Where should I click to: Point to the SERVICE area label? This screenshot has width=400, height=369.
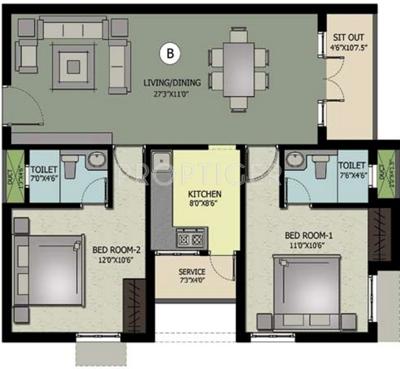(x=192, y=271)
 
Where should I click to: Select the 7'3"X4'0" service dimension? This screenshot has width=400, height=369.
(x=192, y=281)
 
